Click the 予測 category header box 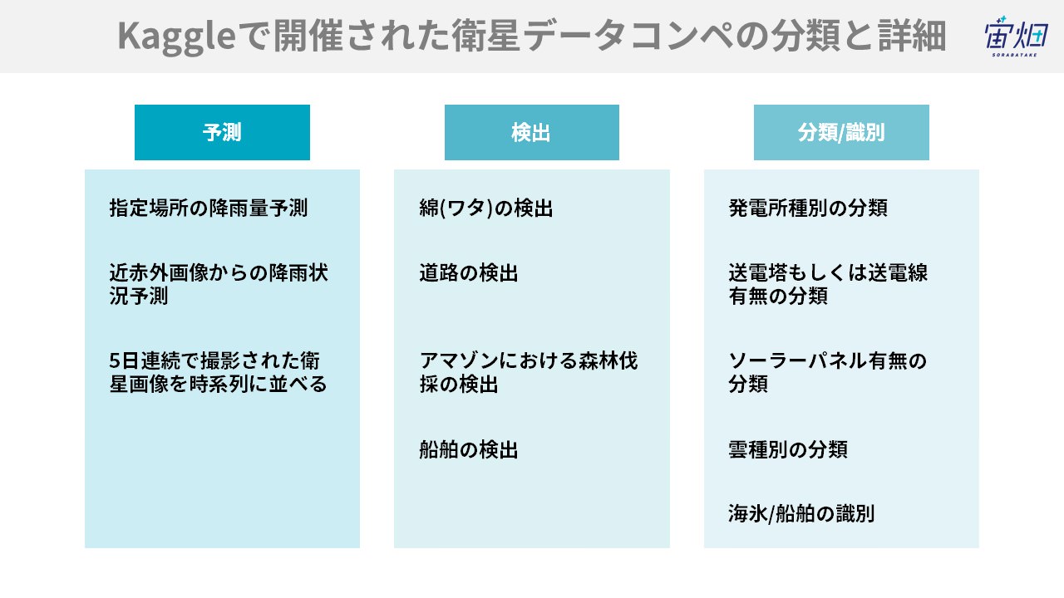pyautogui.click(x=222, y=132)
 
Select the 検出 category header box pyautogui.click(x=532, y=132)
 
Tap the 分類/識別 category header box pyautogui.click(x=841, y=132)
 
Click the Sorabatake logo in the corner pyautogui.click(x=1016, y=36)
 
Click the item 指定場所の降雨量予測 pyautogui.click(x=209, y=208)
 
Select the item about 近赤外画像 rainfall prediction pyautogui.click(x=219, y=284)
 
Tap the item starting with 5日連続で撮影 pyautogui.click(x=218, y=373)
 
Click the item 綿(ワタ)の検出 pyautogui.click(x=486, y=208)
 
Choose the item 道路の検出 pyautogui.click(x=468, y=273)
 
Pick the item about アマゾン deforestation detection pyautogui.click(x=528, y=373)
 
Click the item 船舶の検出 pyautogui.click(x=468, y=449)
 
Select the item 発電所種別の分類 pyautogui.click(x=808, y=208)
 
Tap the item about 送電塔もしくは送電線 pyautogui.click(x=828, y=284)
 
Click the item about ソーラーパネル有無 pyautogui.click(x=827, y=373)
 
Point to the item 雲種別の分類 pyautogui.click(x=788, y=449)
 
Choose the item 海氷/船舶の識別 pyautogui.click(x=801, y=513)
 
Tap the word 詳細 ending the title pyautogui.click(x=912, y=36)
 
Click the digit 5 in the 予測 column pyautogui.click(x=115, y=361)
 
